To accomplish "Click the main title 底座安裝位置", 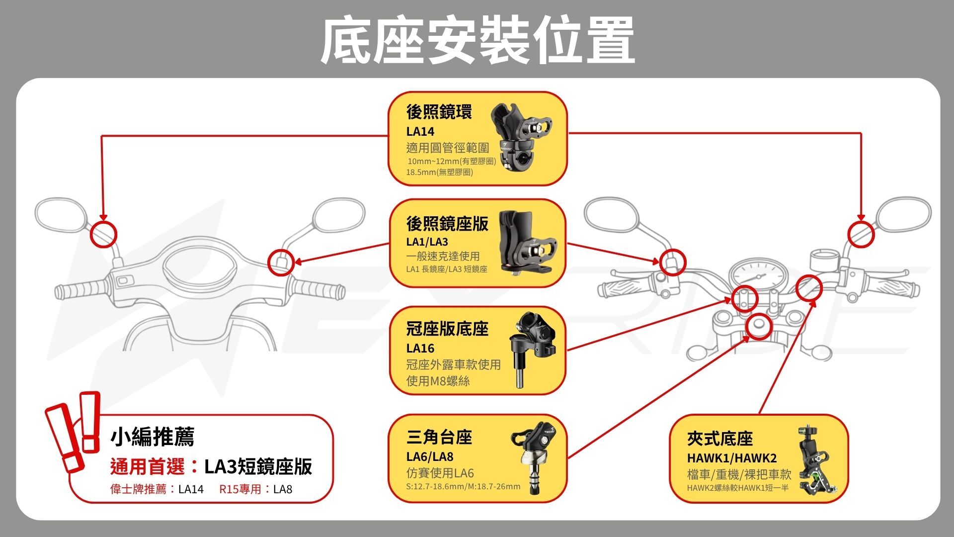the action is [477, 41].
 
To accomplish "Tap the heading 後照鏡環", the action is [439, 112].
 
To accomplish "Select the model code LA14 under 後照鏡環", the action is [420, 132].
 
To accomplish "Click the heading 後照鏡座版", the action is [447, 224].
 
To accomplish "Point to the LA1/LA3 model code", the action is [427, 242].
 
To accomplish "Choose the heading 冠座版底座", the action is [447, 329].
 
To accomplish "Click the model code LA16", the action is [420, 348].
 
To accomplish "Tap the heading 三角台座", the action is [439, 438].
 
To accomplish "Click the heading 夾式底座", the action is [720, 439].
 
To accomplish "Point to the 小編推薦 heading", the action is [152, 437].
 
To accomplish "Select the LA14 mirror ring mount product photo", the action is [522, 136].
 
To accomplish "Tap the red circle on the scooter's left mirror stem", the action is [103, 234].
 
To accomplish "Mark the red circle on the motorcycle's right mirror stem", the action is [861, 234].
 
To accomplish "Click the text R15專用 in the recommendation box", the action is [240, 489].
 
